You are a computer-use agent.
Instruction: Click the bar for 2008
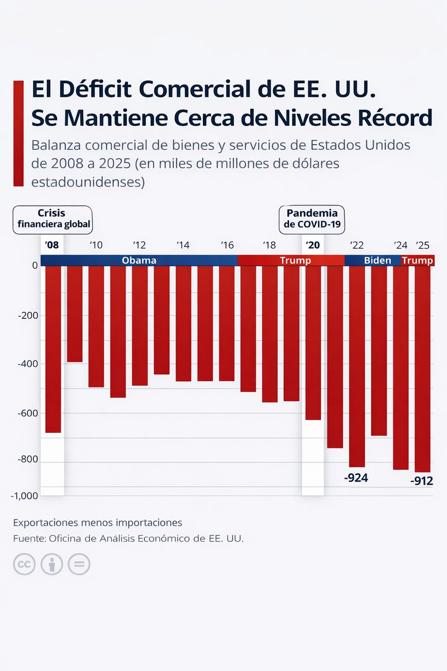pyautogui.click(x=53, y=349)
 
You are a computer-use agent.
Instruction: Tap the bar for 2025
pyautogui.click(x=422, y=369)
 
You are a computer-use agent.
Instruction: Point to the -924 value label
pyautogui.click(x=356, y=478)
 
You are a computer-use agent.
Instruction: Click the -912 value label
pyautogui.click(x=421, y=481)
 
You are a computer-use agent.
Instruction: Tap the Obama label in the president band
pyautogui.click(x=139, y=261)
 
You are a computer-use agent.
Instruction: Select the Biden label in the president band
pyautogui.click(x=378, y=261)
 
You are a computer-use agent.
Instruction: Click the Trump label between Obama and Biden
pyautogui.click(x=295, y=261)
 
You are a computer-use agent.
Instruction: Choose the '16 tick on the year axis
pyautogui.click(x=227, y=245)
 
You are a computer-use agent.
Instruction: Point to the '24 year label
pyautogui.click(x=401, y=245)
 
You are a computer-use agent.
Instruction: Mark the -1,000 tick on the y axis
pyautogui.click(x=24, y=495)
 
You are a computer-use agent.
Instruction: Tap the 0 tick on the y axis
pyautogui.click(x=35, y=265)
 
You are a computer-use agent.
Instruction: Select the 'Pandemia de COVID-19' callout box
pyautogui.click(x=312, y=219)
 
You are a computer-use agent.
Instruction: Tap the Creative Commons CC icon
pyautogui.click(x=24, y=564)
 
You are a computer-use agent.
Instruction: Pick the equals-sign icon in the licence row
pyautogui.click(x=79, y=564)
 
